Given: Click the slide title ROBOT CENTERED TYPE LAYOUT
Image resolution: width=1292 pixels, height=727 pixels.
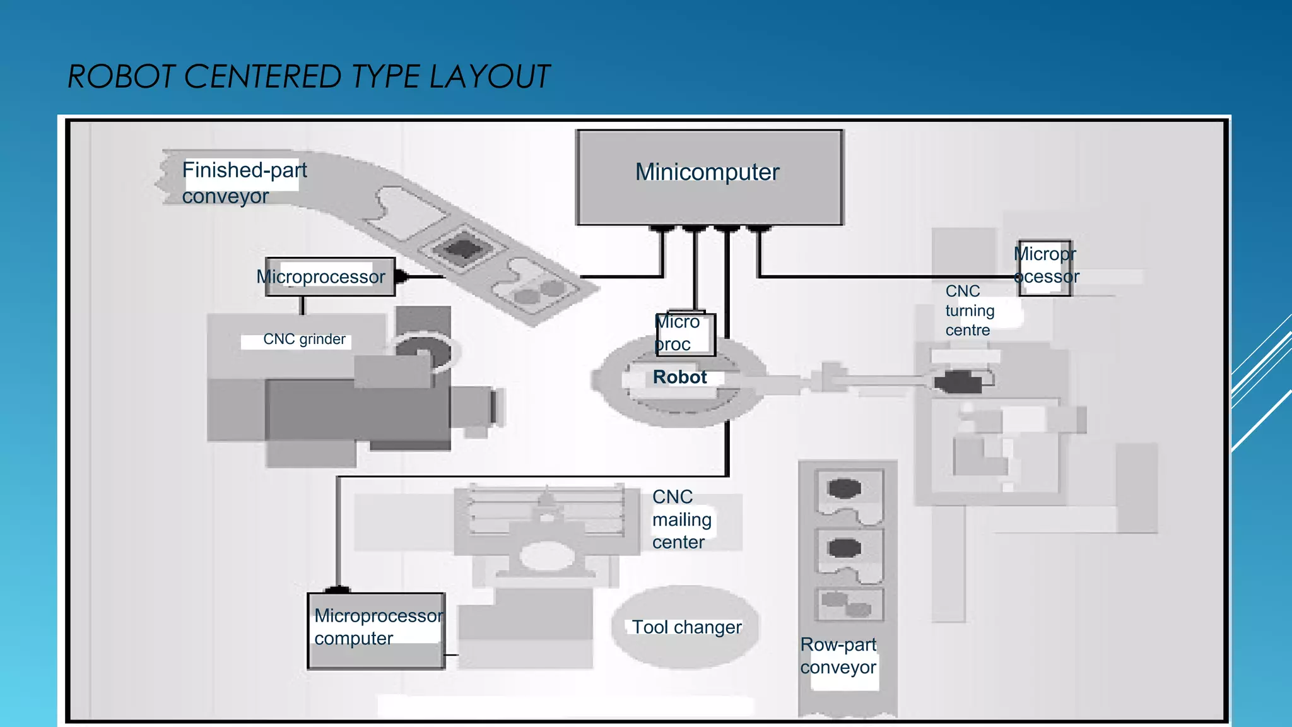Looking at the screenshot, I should tap(308, 77).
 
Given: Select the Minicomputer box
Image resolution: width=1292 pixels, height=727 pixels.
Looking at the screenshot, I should tap(709, 177).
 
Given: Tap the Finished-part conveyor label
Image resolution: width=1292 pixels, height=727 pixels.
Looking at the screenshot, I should tap(244, 182).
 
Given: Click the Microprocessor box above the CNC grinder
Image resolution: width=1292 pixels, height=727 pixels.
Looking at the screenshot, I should tap(329, 276).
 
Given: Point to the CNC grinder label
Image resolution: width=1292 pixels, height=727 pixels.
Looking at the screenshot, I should tap(304, 340).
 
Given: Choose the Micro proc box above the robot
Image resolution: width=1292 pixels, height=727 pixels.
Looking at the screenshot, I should tap(684, 334).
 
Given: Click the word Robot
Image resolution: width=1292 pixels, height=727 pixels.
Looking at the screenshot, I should tap(679, 377).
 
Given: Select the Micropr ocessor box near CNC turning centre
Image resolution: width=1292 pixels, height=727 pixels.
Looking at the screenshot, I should tap(1045, 268).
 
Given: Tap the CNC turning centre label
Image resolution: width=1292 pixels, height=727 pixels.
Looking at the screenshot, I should tap(970, 310).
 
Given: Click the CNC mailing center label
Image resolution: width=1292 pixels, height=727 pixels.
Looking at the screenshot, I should tap(681, 519).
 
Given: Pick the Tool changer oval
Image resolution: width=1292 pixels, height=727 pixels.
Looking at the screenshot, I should tap(686, 627).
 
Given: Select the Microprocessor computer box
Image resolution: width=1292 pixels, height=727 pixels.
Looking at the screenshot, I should tap(376, 630).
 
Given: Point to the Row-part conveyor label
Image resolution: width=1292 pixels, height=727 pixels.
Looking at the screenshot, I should tap(838, 656).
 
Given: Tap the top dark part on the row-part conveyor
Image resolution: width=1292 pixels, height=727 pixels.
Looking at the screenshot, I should tap(844, 488).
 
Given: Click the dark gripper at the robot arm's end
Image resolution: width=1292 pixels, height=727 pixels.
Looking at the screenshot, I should tap(958, 382).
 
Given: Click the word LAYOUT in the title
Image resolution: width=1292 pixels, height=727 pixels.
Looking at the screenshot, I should tap(489, 77).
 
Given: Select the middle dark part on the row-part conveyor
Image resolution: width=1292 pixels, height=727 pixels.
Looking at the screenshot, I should tap(844, 547).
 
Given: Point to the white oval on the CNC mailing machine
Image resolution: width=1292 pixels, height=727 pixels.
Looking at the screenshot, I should tap(546, 556).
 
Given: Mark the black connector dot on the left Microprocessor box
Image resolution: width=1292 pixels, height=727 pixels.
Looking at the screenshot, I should tap(401, 276).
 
